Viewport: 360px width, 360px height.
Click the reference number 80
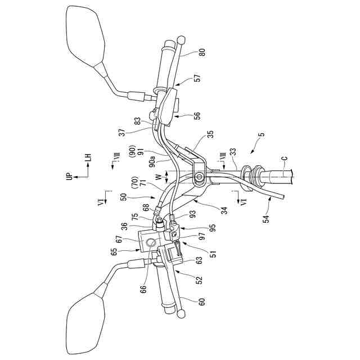click(202, 55)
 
